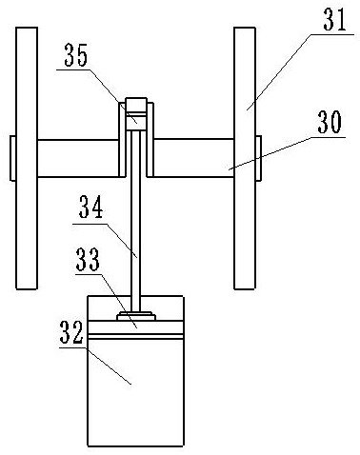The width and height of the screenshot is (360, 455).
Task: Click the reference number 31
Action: click(x=334, y=19)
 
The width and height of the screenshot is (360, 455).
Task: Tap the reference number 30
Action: click(x=330, y=122)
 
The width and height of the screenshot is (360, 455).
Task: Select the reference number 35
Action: click(x=76, y=55)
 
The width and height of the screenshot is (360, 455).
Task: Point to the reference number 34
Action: click(x=91, y=207)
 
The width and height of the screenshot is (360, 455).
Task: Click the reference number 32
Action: click(x=71, y=332)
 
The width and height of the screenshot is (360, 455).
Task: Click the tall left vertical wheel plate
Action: click(x=27, y=158)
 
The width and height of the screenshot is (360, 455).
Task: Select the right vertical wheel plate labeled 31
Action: click(x=245, y=158)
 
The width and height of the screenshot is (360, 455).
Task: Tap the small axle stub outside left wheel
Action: click(x=12, y=158)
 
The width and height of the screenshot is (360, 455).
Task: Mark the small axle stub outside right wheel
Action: click(x=258, y=158)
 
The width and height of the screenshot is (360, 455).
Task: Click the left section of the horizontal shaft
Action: click(x=78, y=158)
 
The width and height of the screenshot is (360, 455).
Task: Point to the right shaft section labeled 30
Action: click(x=193, y=158)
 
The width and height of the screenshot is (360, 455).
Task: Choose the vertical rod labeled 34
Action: click(x=135, y=222)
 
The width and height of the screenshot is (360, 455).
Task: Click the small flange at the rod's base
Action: click(x=136, y=316)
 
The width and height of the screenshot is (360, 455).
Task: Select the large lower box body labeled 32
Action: click(x=135, y=371)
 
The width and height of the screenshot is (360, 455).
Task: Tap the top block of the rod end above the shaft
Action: click(x=136, y=106)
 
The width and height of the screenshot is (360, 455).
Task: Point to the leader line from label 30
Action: click(x=286, y=153)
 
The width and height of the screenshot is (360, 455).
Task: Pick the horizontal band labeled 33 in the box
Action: click(x=135, y=327)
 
